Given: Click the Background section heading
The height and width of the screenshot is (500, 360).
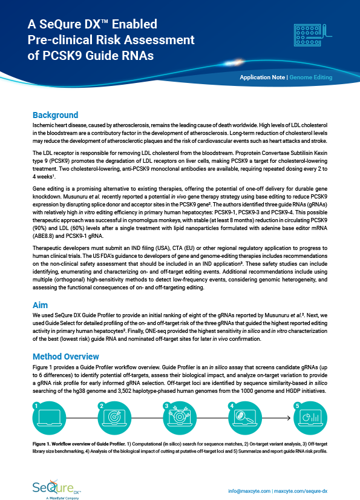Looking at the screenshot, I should pyautogui.click(x=55, y=115).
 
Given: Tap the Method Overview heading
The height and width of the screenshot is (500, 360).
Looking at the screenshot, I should pyautogui.click(x=65, y=355).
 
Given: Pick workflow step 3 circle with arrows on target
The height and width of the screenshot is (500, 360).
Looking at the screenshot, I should pyautogui.click(x=180, y=420).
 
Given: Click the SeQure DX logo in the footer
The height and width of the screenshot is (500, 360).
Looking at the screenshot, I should pyautogui.click(x=57, y=485).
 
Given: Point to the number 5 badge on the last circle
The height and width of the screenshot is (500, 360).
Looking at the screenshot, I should pyautogui.click(x=296, y=405).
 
